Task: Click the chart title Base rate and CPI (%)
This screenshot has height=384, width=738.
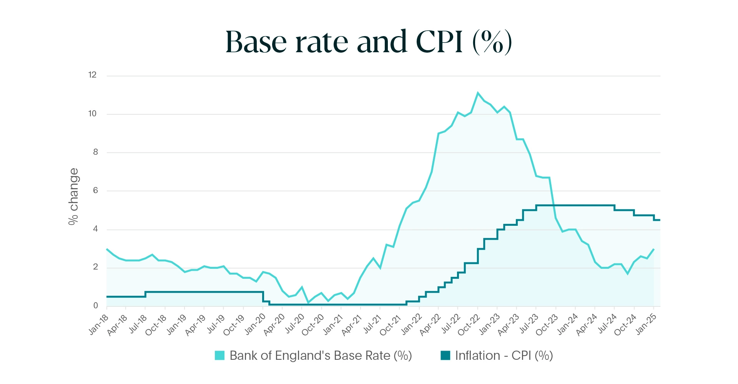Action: [x=368, y=41]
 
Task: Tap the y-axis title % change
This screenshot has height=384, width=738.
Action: [x=73, y=196]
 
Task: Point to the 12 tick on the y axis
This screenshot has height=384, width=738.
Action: [x=92, y=75]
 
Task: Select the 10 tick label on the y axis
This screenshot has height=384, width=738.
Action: [x=92, y=114]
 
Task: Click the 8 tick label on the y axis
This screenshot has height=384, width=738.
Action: [x=95, y=152]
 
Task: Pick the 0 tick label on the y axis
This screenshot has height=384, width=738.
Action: [x=95, y=306]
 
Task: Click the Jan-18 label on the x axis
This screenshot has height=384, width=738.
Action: [x=99, y=324]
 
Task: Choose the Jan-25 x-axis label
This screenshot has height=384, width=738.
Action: [x=646, y=324]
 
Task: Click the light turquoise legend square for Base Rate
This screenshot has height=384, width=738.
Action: [x=219, y=356]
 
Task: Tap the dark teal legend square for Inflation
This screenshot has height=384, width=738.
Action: [x=445, y=356]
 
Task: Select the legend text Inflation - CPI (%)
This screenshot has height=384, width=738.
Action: [x=504, y=356]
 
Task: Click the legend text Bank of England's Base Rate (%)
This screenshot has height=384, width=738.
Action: [x=321, y=356]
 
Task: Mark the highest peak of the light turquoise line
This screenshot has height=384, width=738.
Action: [x=478, y=93]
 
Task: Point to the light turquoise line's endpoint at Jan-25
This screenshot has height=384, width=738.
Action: [x=654, y=249]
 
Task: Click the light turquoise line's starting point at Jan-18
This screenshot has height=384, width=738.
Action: [x=107, y=249]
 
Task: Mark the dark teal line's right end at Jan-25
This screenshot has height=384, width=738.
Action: [x=660, y=220]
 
